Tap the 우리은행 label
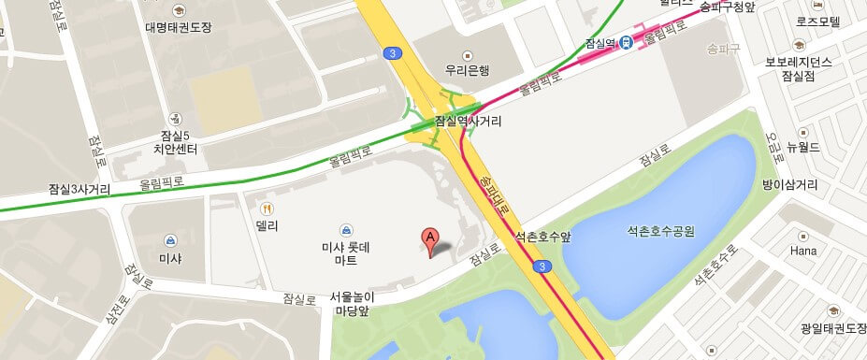469,69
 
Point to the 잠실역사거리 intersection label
469,122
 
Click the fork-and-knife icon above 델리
267,209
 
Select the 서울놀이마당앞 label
353,304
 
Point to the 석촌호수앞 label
542,236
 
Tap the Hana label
803,251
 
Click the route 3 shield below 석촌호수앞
542,266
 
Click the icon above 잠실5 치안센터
175,119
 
